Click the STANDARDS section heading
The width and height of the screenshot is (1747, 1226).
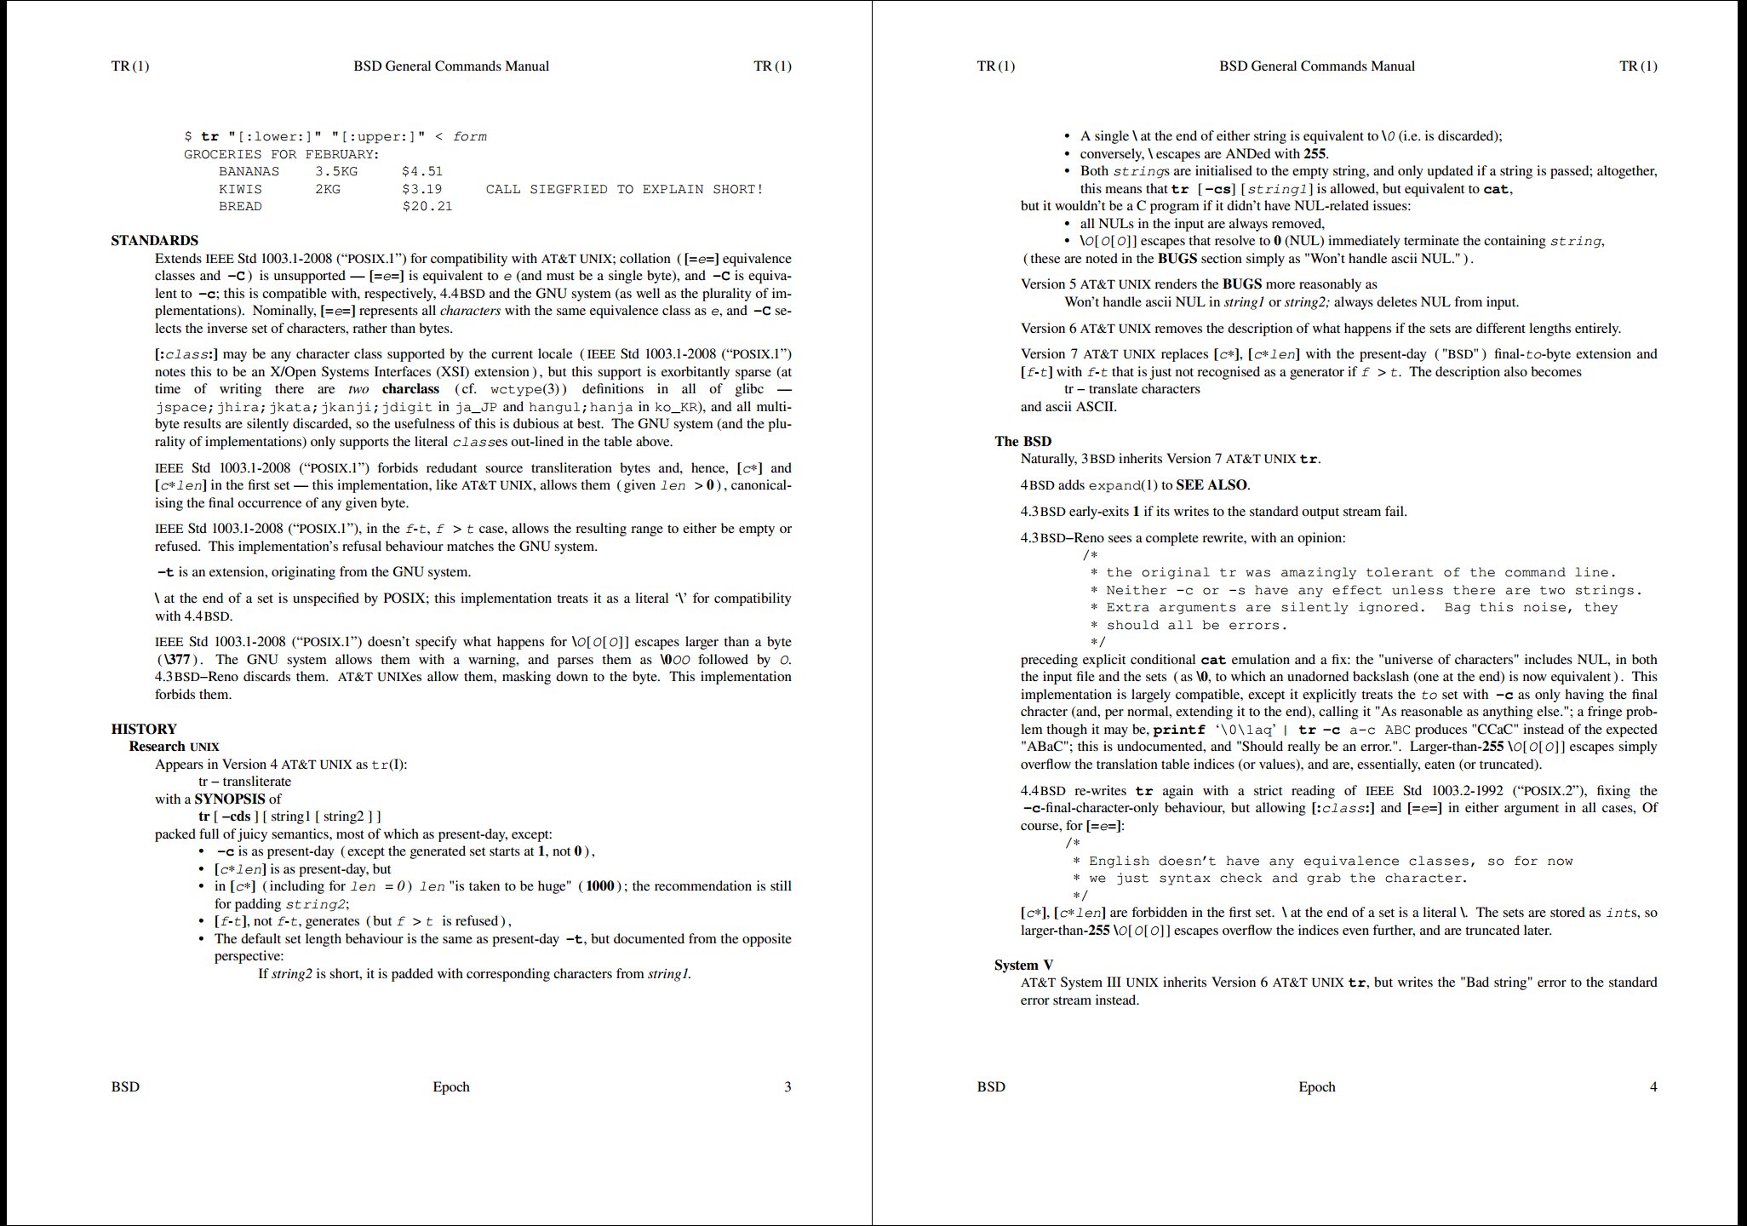(x=154, y=241)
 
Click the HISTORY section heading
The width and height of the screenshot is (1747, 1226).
(x=144, y=729)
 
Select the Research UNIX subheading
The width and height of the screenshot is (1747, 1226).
(x=174, y=747)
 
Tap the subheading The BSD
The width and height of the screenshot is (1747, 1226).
(x=1022, y=441)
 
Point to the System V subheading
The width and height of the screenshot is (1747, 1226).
(x=1023, y=965)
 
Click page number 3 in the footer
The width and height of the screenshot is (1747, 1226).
(x=788, y=1086)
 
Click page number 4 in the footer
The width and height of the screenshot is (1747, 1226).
(x=1653, y=1086)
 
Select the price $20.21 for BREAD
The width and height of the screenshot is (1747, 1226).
(x=427, y=206)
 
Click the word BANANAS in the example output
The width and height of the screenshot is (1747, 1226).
(x=249, y=171)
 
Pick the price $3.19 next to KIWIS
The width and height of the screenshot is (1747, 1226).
(x=422, y=189)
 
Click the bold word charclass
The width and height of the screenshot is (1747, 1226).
(x=410, y=389)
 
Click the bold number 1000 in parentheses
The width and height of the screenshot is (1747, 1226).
(x=600, y=886)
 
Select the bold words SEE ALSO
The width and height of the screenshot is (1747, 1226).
(x=1211, y=485)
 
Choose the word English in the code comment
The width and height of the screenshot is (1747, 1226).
(x=1120, y=862)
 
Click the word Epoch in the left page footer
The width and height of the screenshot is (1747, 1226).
(x=451, y=1086)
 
